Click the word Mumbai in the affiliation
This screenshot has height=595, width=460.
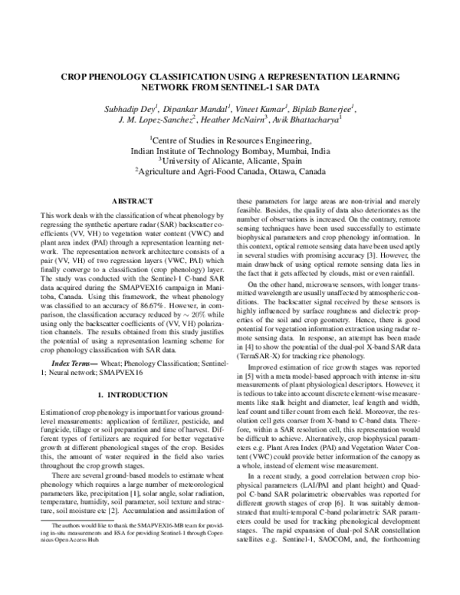(x=279, y=152)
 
